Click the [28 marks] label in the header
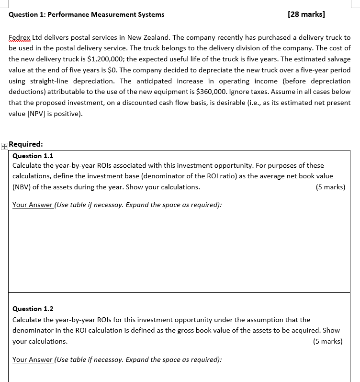[x=306, y=14]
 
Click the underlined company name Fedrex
[x=19, y=37]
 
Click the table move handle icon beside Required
[x=4, y=147]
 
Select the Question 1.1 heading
[x=33, y=156]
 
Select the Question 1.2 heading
[x=33, y=309]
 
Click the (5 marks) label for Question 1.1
[x=330, y=187]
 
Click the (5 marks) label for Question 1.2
[x=327, y=341]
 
